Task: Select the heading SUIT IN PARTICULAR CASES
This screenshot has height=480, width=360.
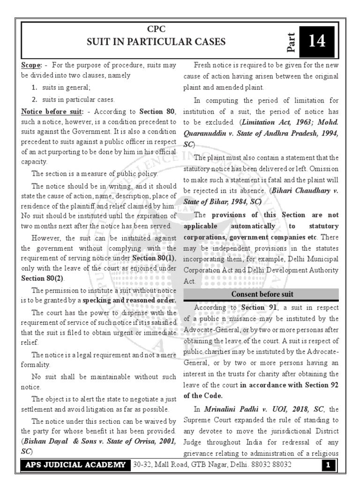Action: (156, 42)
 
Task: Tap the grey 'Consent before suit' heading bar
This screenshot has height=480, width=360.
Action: (261, 294)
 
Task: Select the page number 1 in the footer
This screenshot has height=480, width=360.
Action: (329, 465)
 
